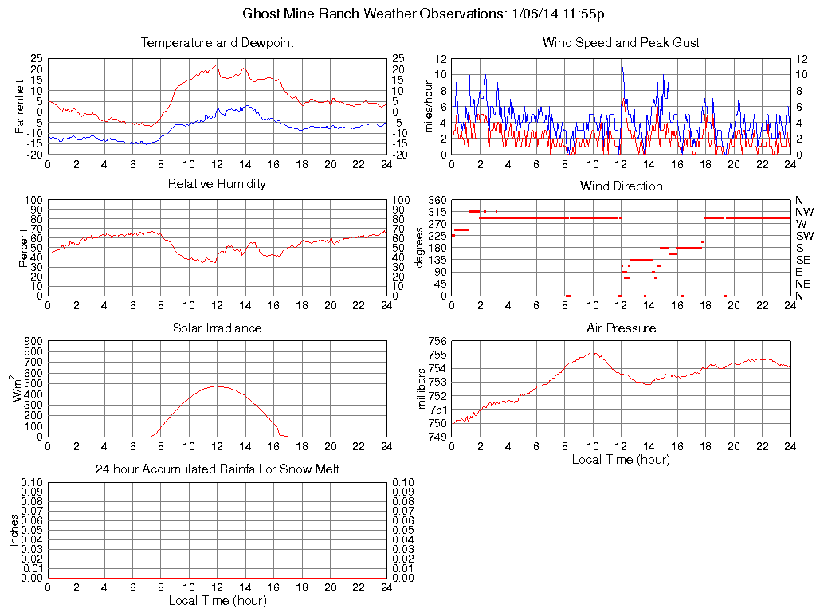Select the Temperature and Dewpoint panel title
point(217,42)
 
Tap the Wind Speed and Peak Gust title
point(621,42)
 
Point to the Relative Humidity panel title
point(217,184)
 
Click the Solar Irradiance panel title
point(217,328)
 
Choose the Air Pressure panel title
point(621,328)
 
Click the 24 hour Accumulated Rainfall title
point(217,469)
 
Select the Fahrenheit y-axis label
point(20,107)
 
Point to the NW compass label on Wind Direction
point(803,212)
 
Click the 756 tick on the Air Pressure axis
point(437,341)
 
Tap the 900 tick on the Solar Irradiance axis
point(33,341)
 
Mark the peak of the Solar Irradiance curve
point(217,386)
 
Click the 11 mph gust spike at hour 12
point(622,67)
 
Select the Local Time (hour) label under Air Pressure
point(621,459)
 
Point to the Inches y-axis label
point(14,530)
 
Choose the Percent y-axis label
point(25,248)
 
